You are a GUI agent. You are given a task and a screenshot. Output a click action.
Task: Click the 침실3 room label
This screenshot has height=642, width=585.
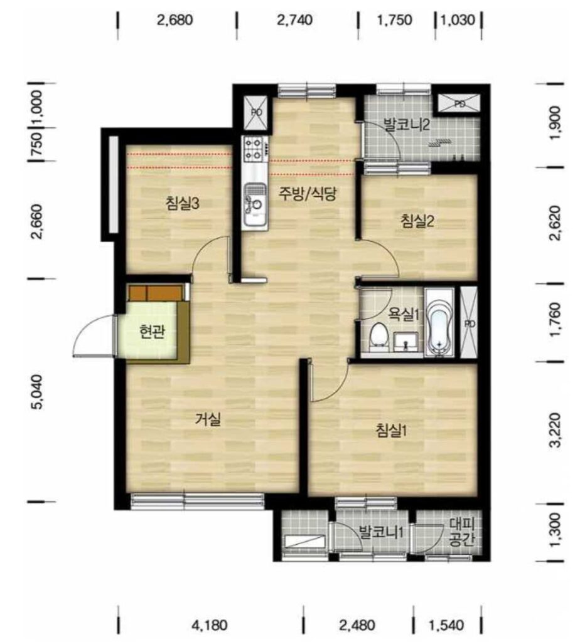183,203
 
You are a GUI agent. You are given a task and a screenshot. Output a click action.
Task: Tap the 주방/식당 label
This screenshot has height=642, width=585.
308,193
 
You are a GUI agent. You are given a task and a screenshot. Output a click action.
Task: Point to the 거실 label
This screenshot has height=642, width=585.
208,419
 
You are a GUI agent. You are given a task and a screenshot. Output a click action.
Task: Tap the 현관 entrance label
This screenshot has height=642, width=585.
152,332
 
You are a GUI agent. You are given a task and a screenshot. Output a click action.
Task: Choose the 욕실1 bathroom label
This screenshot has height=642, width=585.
404,315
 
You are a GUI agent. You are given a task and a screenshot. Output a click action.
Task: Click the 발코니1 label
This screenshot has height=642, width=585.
382,532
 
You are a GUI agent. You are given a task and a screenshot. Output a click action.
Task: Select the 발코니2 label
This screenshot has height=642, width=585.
406,124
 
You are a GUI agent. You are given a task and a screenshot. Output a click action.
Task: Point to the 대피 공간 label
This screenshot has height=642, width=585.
461,532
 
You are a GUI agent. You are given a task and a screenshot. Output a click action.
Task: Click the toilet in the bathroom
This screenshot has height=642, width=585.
378,337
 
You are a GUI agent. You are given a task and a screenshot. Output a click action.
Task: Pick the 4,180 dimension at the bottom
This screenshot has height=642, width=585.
210,625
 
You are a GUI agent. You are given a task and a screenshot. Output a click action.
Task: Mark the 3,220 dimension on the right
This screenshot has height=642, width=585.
555,430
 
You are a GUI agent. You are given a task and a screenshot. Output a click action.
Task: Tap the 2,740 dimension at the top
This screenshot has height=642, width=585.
295,19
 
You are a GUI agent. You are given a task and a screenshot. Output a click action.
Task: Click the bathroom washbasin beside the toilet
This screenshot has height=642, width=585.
405,342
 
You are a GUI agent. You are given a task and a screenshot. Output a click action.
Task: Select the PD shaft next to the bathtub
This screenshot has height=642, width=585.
469,322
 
